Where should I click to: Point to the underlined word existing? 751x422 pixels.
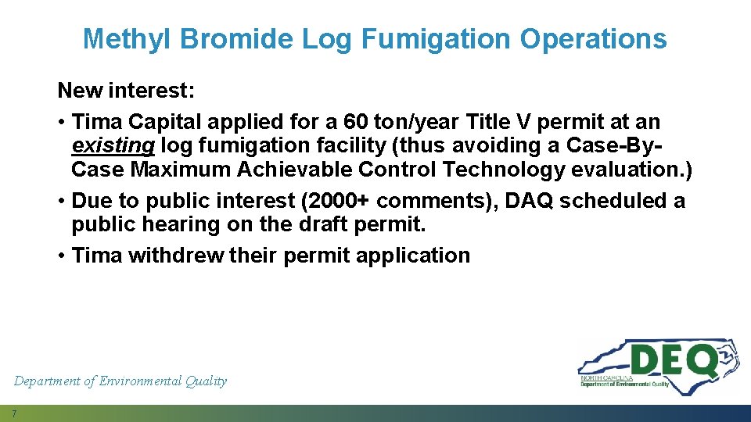point(112,146)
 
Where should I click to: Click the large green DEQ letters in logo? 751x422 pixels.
point(674,360)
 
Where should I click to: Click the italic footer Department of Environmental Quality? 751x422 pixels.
point(120,381)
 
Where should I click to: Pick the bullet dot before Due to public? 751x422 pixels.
point(62,202)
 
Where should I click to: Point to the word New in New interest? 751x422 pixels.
point(80,91)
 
